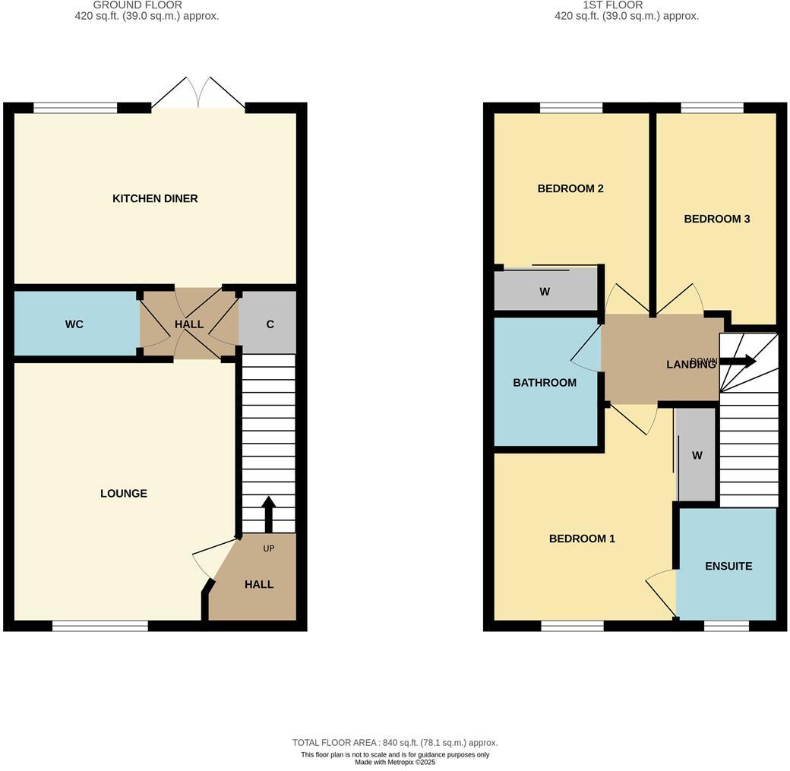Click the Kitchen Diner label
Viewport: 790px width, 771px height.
(155, 198)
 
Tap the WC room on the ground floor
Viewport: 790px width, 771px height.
(74, 324)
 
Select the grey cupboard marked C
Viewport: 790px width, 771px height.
(270, 324)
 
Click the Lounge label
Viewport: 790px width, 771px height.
(124, 494)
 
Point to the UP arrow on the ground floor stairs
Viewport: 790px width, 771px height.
(267, 514)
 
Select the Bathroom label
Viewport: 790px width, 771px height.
(545, 383)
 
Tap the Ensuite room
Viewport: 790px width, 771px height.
(728, 566)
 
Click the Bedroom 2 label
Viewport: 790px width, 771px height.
(570, 188)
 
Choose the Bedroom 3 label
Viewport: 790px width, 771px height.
(717, 219)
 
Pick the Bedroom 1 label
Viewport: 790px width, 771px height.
(582, 539)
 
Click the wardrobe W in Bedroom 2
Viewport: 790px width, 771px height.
(545, 292)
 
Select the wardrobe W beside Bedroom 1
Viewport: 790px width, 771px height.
(697, 456)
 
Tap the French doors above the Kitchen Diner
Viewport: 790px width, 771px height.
(198, 93)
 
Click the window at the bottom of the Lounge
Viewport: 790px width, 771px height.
(100, 626)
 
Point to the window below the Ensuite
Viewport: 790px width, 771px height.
(726, 626)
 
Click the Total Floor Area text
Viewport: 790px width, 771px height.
(395, 743)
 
